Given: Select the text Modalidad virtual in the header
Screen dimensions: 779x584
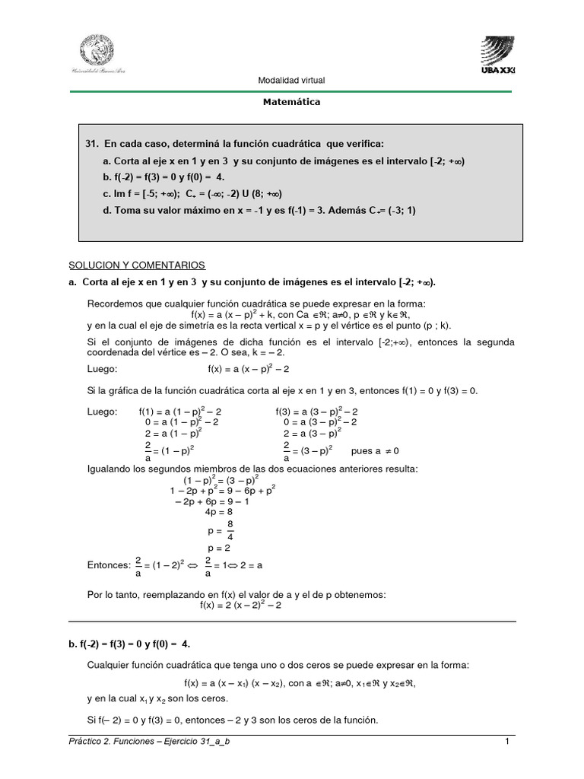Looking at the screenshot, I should click(291, 81).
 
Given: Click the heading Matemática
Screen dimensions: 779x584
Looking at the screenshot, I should click(292, 101).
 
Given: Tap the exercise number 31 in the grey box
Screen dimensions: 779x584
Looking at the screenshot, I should click(93, 144).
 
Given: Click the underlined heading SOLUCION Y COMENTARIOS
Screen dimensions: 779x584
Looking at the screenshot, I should click(137, 265).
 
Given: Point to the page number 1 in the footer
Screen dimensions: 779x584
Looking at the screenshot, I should click(506, 741).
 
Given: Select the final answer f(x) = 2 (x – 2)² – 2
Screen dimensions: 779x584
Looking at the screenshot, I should click(241, 605).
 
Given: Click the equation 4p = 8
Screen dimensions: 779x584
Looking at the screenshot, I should click(221, 512).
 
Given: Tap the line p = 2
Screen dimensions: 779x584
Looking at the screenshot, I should click(220, 548).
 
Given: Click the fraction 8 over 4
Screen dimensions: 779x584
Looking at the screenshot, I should click(230, 530).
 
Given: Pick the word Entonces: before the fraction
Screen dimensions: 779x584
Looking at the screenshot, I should click(109, 565).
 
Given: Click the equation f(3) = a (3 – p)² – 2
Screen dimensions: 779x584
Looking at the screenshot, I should click(316, 412).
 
